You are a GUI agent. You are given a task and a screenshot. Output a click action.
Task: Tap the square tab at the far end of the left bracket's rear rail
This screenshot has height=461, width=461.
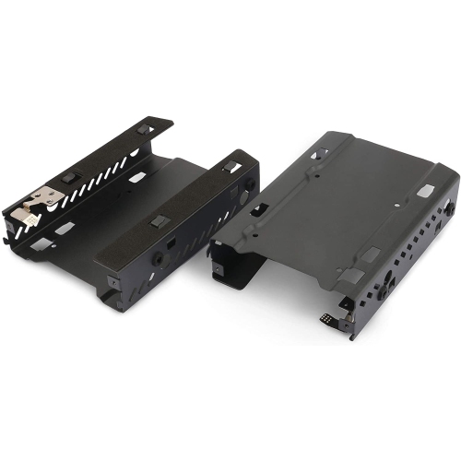tap(145, 130)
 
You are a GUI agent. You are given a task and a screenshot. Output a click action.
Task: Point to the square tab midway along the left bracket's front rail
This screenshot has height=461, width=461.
tap(159, 221)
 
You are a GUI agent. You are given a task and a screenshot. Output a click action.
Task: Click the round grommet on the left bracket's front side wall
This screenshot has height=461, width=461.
tap(159, 259)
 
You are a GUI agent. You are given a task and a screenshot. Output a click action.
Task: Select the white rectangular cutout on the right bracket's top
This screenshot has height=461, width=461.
tap(425, 190)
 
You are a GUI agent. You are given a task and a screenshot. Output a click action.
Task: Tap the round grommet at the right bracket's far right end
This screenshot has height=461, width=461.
tap(446, 210)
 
